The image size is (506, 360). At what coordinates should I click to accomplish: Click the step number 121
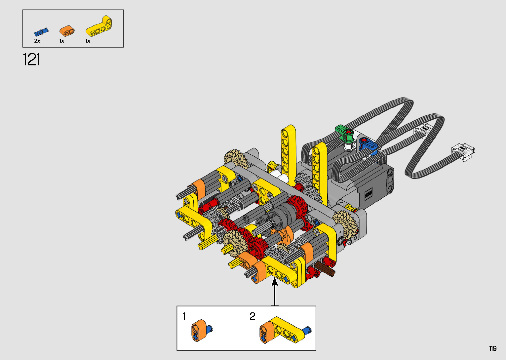point(32,60)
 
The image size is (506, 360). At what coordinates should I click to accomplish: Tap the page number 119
point(493,348)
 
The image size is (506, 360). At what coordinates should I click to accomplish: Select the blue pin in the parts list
point(41,32)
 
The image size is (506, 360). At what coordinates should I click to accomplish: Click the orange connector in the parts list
point(67,31)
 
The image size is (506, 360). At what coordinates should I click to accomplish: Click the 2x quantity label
point(37,41)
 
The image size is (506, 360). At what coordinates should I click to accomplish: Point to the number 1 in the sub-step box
point(184,316)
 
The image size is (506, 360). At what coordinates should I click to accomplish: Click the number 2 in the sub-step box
point(252,316)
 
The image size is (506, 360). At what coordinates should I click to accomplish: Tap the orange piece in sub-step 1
point(199,330)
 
